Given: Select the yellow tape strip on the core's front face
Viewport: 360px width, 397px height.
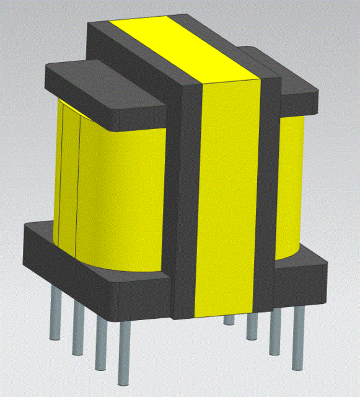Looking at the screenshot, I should point(229,198).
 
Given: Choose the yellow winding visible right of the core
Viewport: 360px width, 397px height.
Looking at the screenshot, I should point(290,186).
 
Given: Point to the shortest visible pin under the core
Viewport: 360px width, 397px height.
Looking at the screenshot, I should point(229,319).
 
